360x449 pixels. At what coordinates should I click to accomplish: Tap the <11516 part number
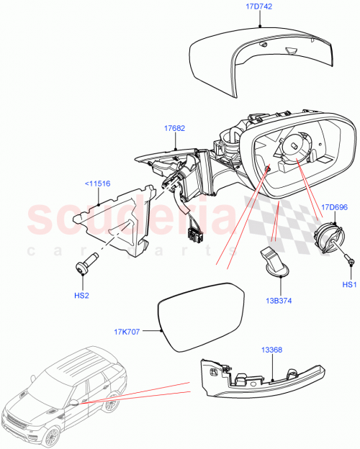pyautogui.click(x=97, y=183)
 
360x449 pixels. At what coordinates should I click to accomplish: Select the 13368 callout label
pyautogui.click(x=271, y=351)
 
